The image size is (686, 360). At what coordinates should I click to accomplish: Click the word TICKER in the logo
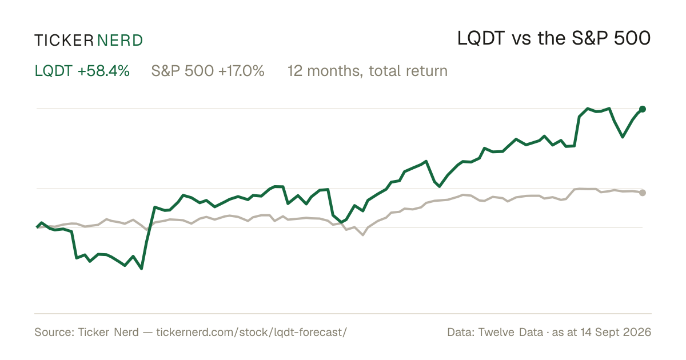click(64, 41)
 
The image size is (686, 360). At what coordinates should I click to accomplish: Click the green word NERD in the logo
click(120, 41)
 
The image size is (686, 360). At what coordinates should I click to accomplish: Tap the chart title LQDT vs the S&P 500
click(554, 39)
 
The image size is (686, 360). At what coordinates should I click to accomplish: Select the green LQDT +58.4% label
click(82, 71)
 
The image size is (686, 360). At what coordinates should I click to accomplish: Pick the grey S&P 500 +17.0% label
click(208, 71)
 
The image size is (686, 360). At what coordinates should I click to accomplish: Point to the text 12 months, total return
click(368, 71)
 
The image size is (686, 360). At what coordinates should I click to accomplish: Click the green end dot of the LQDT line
click(643, 109)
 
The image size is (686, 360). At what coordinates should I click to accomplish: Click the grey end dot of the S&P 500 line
click(643, 193)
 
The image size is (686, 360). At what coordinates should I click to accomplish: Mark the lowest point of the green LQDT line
click(142, 269)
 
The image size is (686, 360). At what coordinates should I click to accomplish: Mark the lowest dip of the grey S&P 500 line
click(363, 235)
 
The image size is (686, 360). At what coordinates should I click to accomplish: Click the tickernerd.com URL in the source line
click(252, 333)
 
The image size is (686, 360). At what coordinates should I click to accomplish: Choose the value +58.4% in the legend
click(103, 71)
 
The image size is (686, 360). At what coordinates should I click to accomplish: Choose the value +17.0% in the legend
click(241, 71)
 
